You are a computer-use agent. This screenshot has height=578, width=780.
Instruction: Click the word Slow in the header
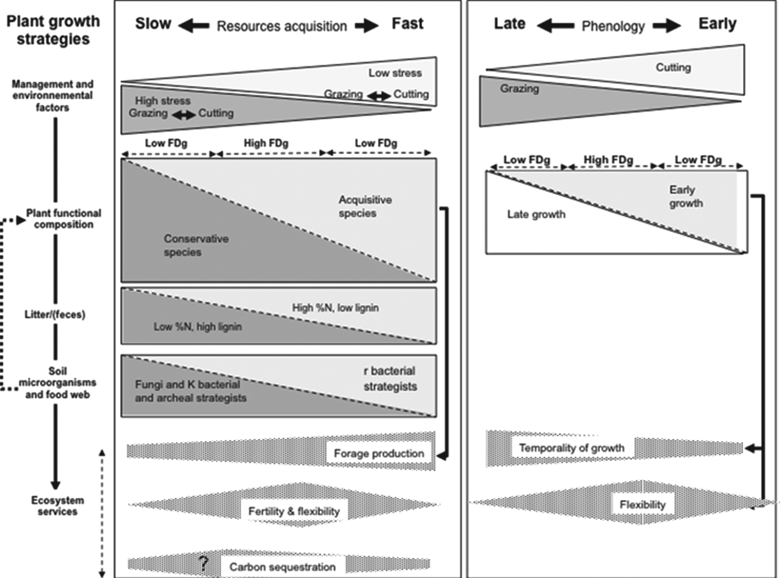pyautogui.click(x=153, y=24)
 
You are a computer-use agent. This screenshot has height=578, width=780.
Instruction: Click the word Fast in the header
pyautogui.click(x=407, y=24)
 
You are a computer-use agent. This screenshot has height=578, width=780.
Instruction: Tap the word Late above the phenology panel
pyautogui.click(x=509, y=24)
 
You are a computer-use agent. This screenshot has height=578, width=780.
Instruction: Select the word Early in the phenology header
pyautogui.click(x=717, y=24)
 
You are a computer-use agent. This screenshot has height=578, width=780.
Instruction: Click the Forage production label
pyautogui.click(x=379, y=454)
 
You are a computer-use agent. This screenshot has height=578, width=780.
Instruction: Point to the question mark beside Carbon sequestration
pyautogui.click(x=204, y=563)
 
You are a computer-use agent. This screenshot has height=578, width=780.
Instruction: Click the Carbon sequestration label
pyautogui.click(x=282, y=567)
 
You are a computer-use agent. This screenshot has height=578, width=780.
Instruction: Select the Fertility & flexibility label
pyautogui.click(x=294, y=511)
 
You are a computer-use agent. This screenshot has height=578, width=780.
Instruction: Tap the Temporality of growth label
pyautogui.click(x=572, y=447)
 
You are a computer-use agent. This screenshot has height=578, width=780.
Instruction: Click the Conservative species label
pyautogui.click(x=196, y=245)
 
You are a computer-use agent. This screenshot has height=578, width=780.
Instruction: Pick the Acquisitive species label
pyautogui.click(x=365, y=206)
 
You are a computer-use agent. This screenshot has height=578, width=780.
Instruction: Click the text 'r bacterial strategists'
pyautogui.click(x=390, y=378)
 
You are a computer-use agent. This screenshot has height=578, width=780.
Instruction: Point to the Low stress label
pyautogui.click(x=395, y=73)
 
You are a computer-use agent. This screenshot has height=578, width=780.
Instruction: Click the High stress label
pyautogui.click(x=163, y=101)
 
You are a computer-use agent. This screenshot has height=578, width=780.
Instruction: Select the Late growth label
pyautogui.click(x=536, y=214)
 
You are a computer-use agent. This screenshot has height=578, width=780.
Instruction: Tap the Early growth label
pyautogui.click(x=685, y=196)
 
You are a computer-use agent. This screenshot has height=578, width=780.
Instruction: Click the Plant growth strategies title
pyautogui.click(x=53, y=30)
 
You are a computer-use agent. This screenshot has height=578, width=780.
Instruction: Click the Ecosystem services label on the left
pyautogui.click(x=57, y=505)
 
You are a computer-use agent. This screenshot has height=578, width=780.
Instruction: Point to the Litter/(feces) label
pyautogui.click(x=55, y=315)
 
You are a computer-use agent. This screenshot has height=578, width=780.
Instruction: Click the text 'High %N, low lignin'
pyautogui.click(x=335, y=307)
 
